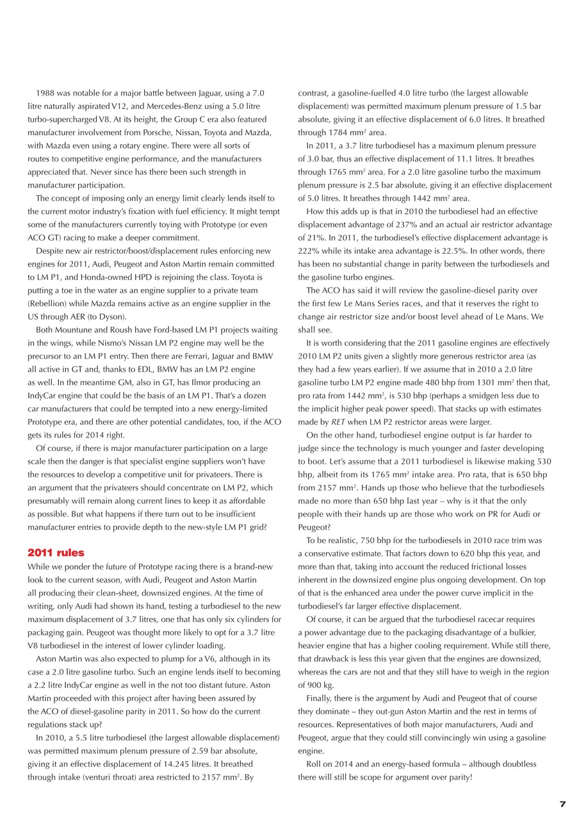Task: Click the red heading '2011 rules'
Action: pos(56,553)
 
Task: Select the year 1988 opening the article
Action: pos(46,93)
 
